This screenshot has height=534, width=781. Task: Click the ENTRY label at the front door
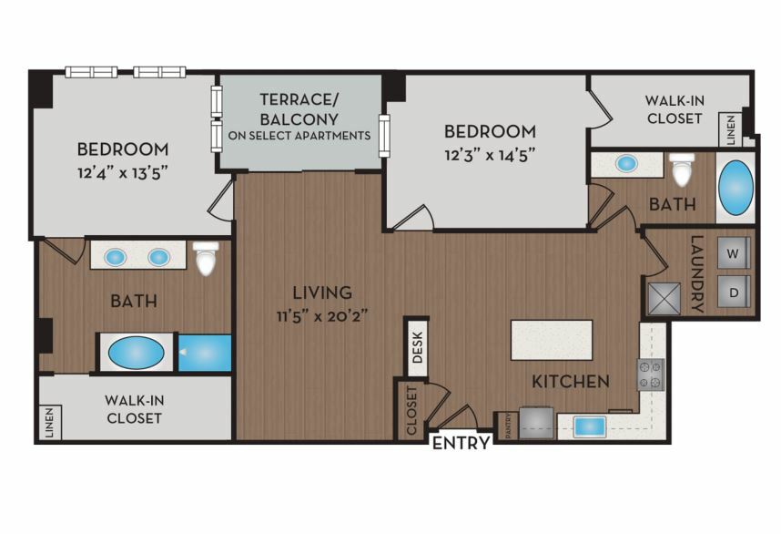461,443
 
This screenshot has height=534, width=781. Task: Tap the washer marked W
733,252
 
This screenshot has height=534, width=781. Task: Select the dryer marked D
733,292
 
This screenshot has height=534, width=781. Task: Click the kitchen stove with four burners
651,375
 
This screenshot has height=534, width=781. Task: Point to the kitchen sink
589,426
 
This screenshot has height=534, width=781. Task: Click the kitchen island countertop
552,340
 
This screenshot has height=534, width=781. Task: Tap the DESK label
418,347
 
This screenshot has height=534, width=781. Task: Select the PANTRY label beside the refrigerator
509,426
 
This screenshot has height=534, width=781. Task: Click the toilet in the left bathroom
206,257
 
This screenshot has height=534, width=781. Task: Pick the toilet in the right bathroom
682,169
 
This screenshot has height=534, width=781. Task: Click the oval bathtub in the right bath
735,188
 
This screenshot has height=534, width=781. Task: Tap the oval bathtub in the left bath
136,352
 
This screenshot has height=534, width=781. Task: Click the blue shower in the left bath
205,353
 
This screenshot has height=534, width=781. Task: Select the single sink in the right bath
625,163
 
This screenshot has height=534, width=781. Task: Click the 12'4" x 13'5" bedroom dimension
122,173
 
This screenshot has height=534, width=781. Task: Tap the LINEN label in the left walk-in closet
49,423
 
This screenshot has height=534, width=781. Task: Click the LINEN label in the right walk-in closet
731,130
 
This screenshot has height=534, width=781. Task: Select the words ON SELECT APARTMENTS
299,136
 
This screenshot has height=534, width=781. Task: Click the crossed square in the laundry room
664,299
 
